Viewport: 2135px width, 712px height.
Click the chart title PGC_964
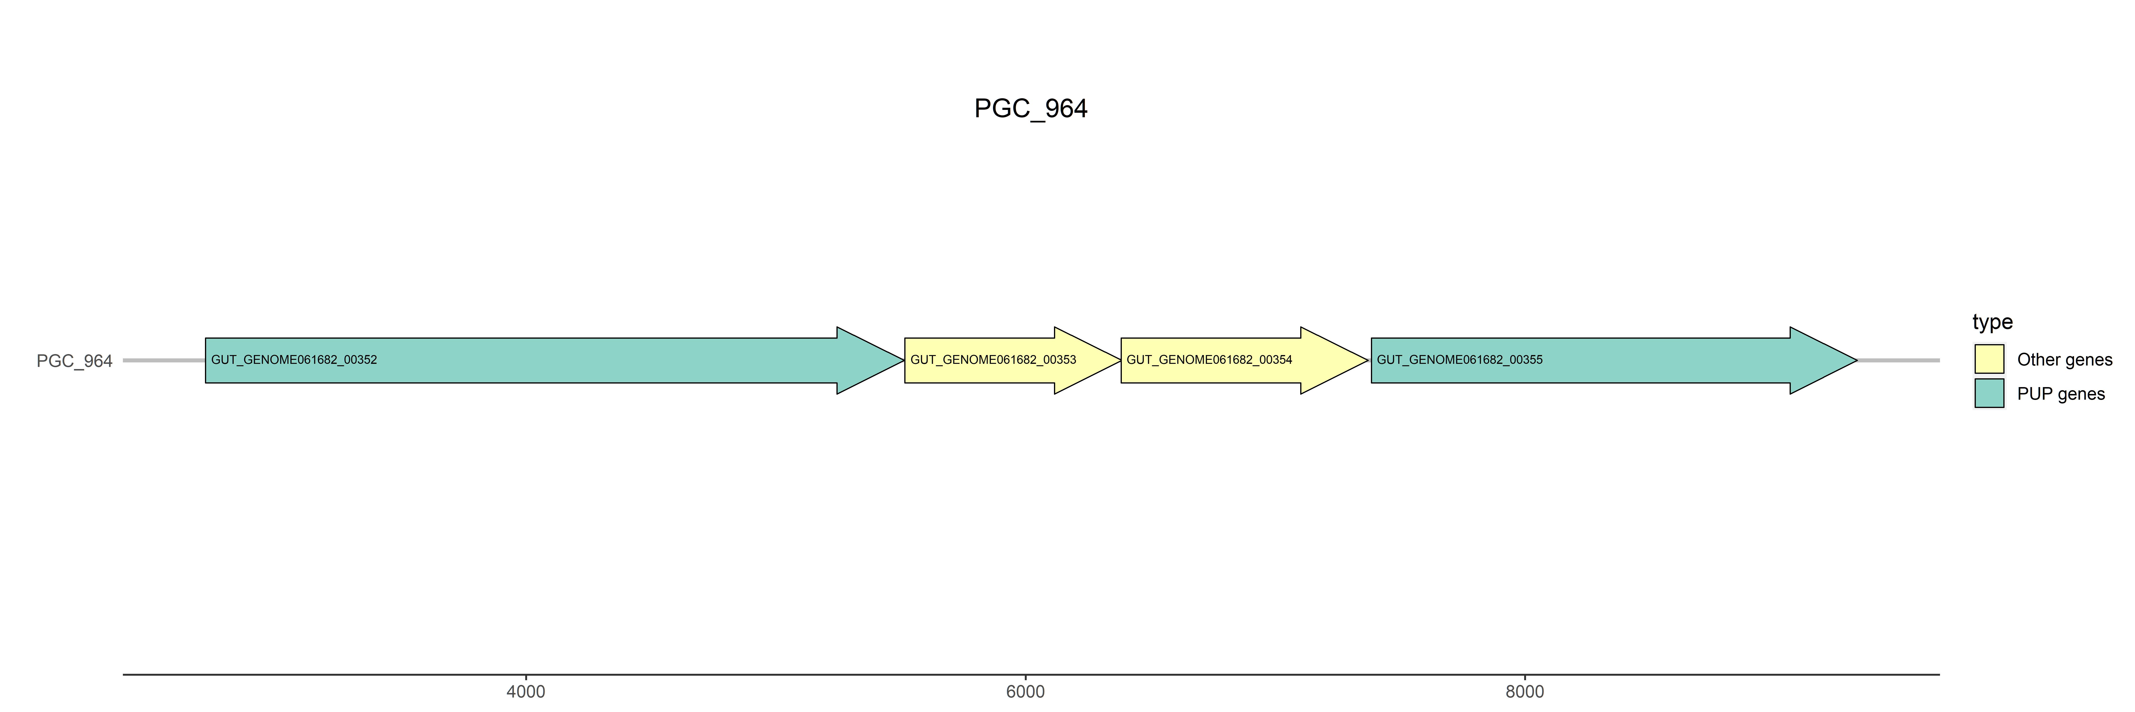[1030, 109]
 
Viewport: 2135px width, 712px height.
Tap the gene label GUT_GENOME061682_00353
[993, 360]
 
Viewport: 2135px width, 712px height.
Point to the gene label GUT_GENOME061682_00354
[1209, 360]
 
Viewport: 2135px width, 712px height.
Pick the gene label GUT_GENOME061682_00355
[1460, 360]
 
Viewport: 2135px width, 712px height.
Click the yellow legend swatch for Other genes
[1989, 359]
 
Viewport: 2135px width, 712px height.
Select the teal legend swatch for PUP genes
[1989, 393]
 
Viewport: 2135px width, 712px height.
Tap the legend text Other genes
[2065, 360]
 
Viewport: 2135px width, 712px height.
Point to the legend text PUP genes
[2061, 394]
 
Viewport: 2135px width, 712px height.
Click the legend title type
[1992, 322]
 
